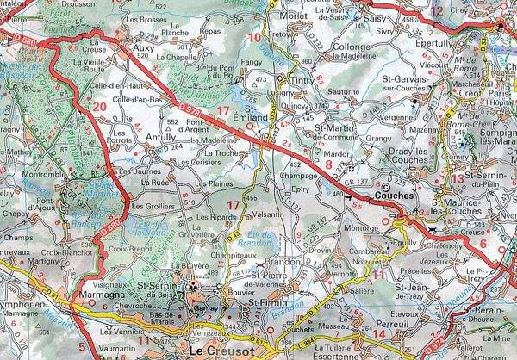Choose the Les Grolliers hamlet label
154,207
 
